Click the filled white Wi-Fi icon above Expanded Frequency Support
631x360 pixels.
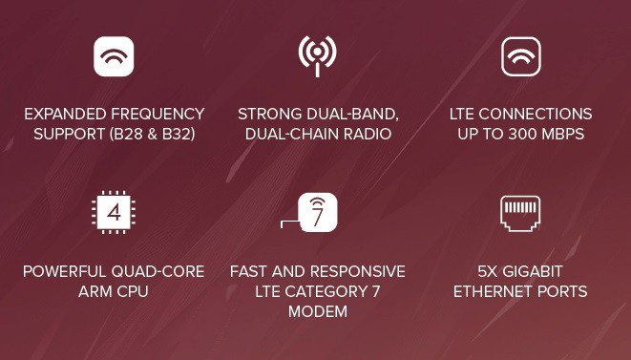pos(114,56)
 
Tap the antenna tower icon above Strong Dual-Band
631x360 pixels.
pos(317,56)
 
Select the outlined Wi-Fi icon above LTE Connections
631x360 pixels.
pos(520,56)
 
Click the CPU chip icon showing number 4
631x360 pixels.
pos(114,212)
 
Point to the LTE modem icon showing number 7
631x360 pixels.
pos(317,212)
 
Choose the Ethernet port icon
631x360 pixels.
pos(520,212)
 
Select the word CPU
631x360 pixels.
pos(133,291)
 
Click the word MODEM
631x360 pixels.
pos(317,312)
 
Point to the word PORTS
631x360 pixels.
pos(562,291)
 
